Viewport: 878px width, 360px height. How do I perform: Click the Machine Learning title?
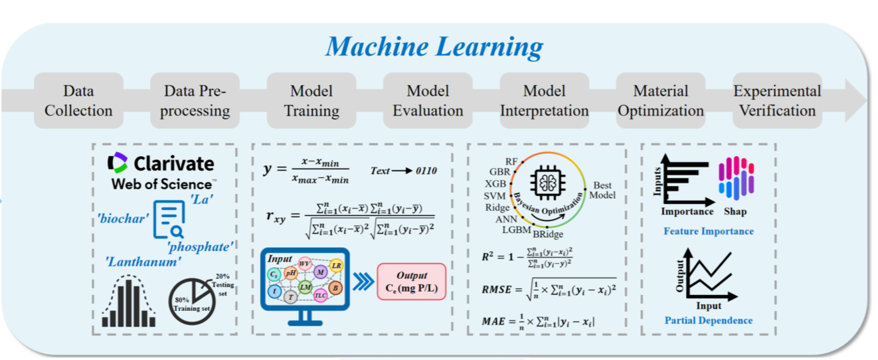434,46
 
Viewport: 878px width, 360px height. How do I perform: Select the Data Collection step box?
78,100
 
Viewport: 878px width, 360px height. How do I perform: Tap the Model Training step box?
311,100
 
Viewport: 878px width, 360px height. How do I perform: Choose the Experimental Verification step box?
776,100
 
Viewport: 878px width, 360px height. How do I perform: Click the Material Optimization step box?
661,100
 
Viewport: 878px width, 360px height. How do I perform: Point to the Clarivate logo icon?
118,163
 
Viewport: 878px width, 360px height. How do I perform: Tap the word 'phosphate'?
201,247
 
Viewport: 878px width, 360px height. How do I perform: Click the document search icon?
168,219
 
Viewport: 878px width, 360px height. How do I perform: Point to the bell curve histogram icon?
129,302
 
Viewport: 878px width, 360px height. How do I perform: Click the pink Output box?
411,282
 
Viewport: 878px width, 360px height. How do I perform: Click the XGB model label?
496,183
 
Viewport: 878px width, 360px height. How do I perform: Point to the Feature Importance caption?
708,231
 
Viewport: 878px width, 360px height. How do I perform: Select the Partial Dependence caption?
708,320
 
